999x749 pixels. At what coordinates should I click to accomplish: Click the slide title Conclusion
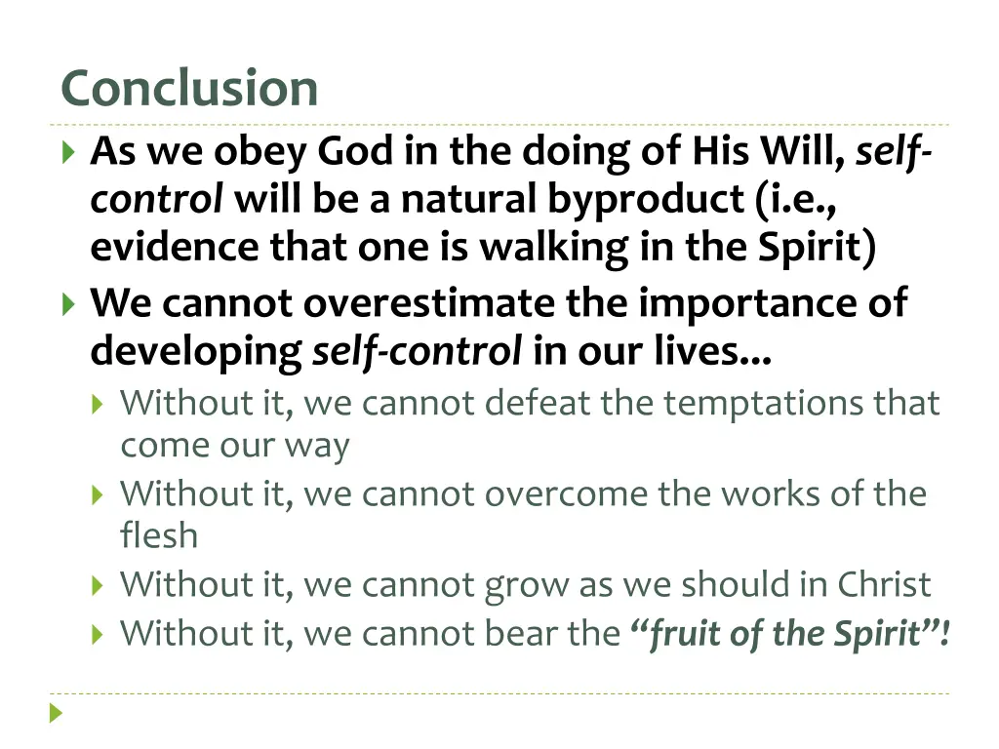(x=189, y=89)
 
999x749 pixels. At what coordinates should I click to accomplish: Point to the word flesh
(x=158, y=535)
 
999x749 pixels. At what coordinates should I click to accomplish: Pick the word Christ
(x=884, y=584)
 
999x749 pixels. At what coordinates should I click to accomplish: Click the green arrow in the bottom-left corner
(x=57, y=713)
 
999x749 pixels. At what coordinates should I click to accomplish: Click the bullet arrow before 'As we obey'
(x=67, y=152)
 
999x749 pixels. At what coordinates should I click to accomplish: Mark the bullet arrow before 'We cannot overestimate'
(x=67, y=304)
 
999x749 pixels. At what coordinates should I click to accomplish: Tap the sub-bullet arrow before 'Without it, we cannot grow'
(x=98, y=585)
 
